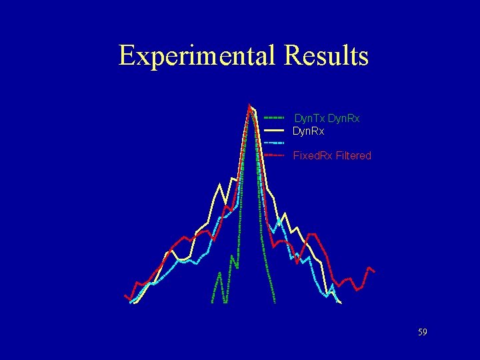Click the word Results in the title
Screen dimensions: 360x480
pyautogui.click(x=326, y=55)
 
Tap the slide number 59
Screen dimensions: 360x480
pyautogui.click(x=422, y=332)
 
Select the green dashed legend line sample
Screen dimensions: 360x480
pyautogui.click(x=275, y=118)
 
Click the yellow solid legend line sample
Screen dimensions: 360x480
pyautogui.click(x=275, y=131)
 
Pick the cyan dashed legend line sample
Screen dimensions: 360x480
pyautogui.click(x=275, y=143)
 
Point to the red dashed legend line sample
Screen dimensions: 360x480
pyautogui.click(x=275, y=155)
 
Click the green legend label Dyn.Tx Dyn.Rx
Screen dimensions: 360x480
pyautogui.click(x=327, y=118)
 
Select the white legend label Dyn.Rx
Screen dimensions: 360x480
pyautogui.click(x=309, y=131)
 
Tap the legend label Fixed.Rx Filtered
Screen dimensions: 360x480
pyautogui.click(x=332, y=155)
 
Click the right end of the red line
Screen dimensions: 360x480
pyautogui.click(x=375, y=272)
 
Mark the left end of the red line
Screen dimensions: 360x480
pyautogui.click(x=125, y=295)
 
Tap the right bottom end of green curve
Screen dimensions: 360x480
pyautogui.click(x=273, y=302)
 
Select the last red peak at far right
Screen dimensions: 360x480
pyautogui.click(x=369, y=267)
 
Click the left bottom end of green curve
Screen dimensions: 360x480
pyautogui.click(x=212, y=302)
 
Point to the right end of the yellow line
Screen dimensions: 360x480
pyautogui.click(x=341, y=303)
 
